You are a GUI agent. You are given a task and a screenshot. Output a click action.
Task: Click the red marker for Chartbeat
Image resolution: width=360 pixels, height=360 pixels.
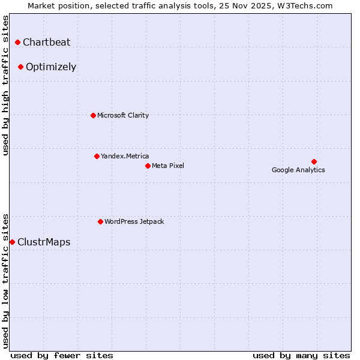pyautogui.click(x=17, y=42)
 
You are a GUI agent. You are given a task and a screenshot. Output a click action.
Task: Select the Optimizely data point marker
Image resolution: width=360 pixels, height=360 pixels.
pyautogui.click(x=20, y=67)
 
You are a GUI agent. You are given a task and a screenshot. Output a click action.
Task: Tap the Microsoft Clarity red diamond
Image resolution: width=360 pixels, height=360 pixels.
pyautogui.click(x=93, y=115)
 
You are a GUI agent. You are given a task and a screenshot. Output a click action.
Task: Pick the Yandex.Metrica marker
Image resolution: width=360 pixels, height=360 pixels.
pyautogui.click(x=97, y=156)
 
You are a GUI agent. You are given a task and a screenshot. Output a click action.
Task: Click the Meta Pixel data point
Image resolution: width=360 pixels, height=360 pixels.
pyautogui.click(x=148, y=166)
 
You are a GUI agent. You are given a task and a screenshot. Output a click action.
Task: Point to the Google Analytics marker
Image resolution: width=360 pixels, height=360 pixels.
pyautogui.click(x=314, y=161)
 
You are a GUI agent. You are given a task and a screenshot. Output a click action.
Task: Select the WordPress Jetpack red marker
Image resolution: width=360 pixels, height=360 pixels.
pyautogui.click(x=100, y=221)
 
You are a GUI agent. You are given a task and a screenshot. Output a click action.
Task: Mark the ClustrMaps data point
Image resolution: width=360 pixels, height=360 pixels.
pyautogui.click(x=12, y=242)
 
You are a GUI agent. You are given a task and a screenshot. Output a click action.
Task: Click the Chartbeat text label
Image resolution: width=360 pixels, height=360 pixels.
pyautogui.click(x=46, y=42)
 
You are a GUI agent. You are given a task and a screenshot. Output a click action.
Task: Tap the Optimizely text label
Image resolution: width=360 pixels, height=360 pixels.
pyautogui.click(x=51, y=67)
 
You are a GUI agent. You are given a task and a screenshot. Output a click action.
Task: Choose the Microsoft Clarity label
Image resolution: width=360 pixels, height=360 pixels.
pyautogui.click(x=123, y=115)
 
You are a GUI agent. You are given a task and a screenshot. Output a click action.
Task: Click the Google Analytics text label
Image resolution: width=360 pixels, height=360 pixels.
pyautogui.click(x=298, y=170)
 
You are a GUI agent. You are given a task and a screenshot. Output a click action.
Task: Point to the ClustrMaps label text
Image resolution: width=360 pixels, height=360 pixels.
pyautogui.click(x=44, y=242)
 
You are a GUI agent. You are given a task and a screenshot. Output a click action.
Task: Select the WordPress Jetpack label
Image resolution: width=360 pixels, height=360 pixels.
pyautogui.click(x=134, y=221)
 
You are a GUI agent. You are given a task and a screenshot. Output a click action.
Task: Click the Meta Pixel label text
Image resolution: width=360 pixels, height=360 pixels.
pyautogui.click(x=168, y=166)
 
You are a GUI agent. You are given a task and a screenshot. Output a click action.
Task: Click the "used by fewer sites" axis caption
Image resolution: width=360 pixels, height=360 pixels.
pyautogui.click(x=62, y=355)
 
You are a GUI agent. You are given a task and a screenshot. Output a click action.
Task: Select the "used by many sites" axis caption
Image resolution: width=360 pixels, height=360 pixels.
pyautogui.click(x=301, y=355)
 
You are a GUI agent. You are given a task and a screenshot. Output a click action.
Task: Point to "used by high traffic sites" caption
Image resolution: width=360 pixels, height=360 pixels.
pyautogui.click(x=5, y=85)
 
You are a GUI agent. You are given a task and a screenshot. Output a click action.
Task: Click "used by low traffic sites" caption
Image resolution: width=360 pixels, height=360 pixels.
pyautogui.click(x=5, y=280)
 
